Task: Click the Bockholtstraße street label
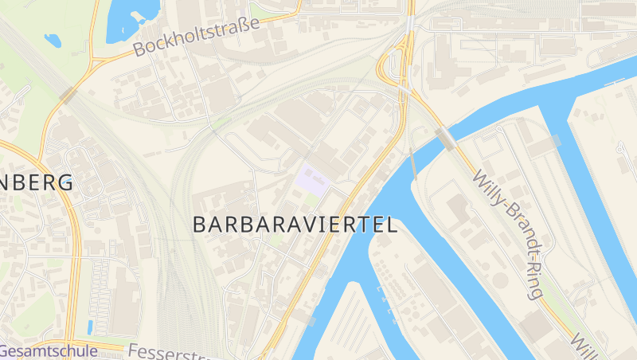click(x=197, y=37)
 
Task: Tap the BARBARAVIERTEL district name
click(x=295, y=225)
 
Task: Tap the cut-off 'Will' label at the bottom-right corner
click(x=590, y=345)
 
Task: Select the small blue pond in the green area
click(x=53, y=39)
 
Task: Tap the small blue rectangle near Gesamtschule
click(x=90, y=327)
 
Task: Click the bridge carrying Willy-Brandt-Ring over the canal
click(x=445, y=139)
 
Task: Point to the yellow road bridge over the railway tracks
click(x=68, y=95)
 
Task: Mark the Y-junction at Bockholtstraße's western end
click(x=94, y=61)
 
